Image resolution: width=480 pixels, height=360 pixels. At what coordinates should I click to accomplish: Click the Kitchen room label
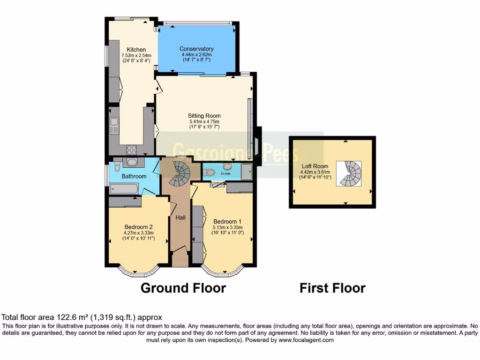pos(136,50)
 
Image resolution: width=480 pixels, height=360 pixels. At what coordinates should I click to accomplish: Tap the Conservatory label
pos(196,49)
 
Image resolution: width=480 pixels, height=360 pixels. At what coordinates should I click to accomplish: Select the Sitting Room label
pos(204,116)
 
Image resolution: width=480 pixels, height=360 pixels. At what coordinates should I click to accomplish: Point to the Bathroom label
pos(134,176)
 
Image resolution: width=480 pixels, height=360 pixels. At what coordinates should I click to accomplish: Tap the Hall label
pos(180,217)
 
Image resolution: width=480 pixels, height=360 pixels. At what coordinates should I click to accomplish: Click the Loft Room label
pos(315,166)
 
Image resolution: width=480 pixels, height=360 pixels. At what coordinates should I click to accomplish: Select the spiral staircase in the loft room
pos(349,173)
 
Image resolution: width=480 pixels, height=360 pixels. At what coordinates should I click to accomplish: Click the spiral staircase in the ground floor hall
pos(179,172)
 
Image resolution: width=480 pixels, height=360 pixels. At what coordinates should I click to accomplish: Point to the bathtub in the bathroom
pos(124,189)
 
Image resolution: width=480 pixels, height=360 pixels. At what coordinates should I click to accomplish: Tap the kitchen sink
pos(114,125)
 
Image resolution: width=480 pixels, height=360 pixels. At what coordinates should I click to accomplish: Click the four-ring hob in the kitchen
pos(132,150)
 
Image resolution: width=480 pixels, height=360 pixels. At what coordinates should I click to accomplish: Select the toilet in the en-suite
pos(210,173)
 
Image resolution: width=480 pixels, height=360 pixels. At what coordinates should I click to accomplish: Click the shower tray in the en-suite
pos(247,172)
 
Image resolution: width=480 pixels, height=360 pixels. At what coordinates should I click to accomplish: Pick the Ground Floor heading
pos(183,288)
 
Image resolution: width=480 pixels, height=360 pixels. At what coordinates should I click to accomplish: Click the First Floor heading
pos(332,288)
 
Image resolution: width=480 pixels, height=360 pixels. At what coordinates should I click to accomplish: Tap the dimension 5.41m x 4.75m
pos(204,121)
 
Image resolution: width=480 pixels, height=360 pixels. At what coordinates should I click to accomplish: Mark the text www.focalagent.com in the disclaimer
pos(306,340)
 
